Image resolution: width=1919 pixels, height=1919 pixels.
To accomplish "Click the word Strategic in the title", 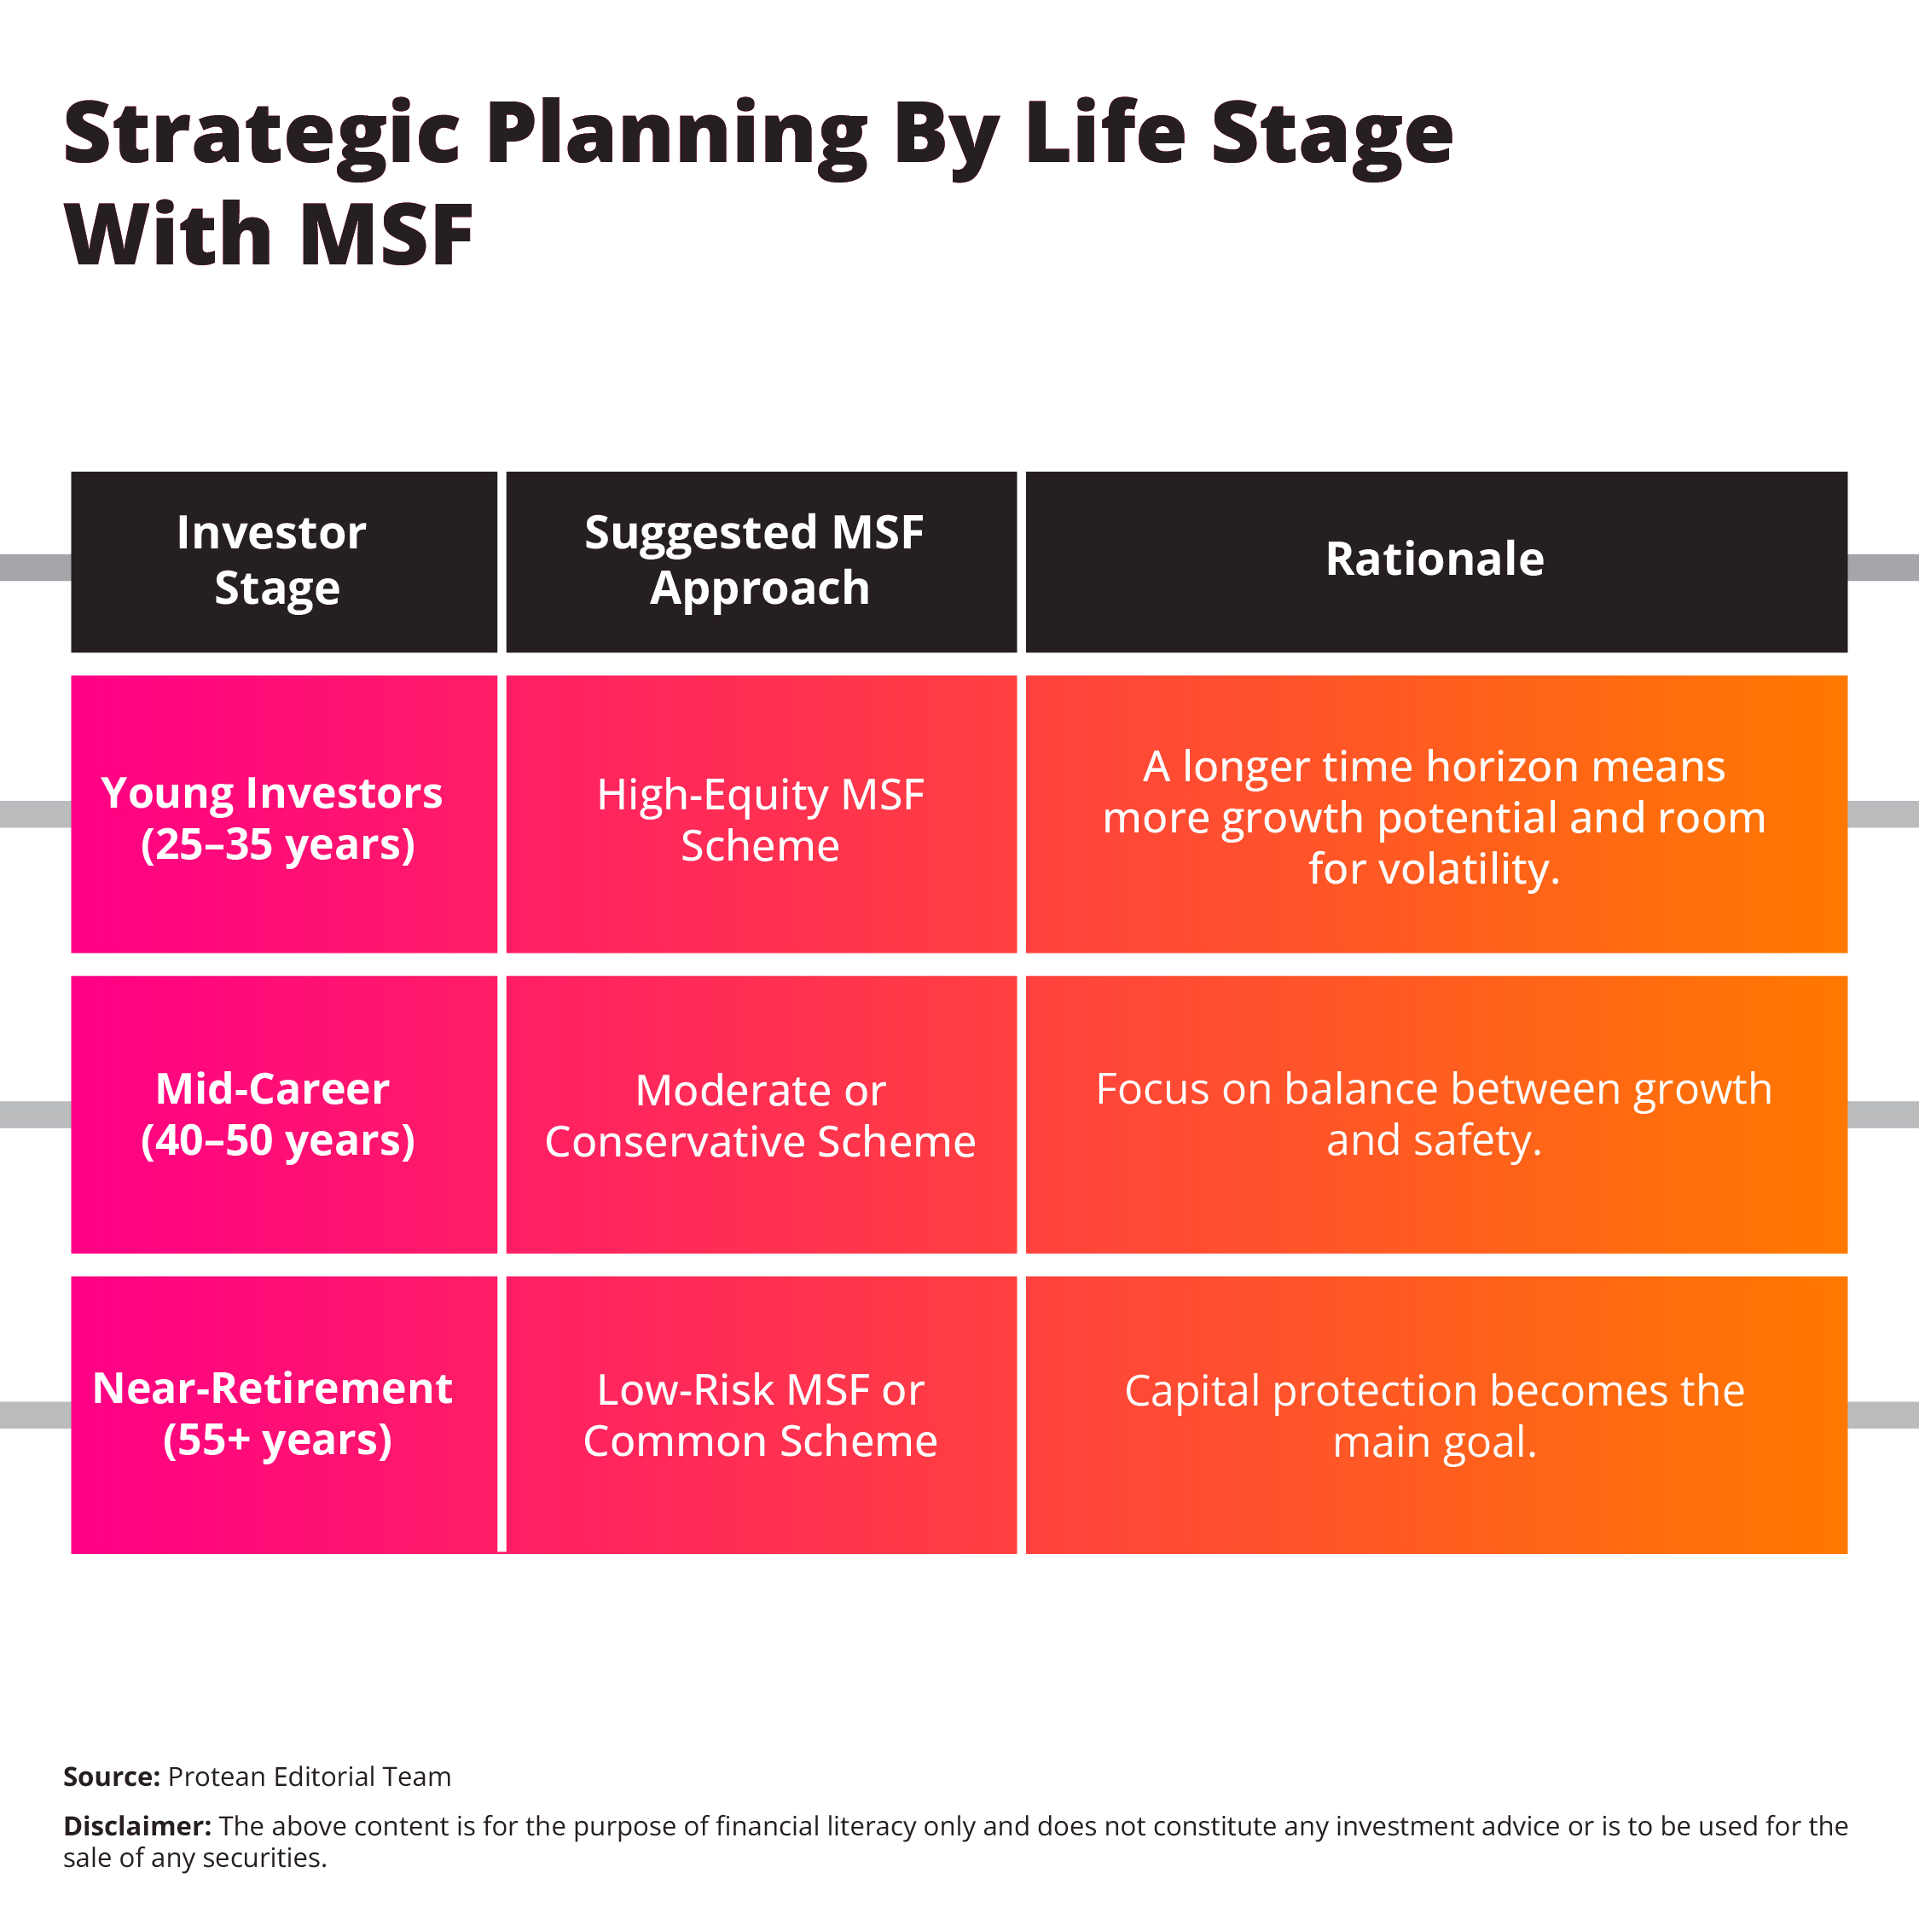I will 260,135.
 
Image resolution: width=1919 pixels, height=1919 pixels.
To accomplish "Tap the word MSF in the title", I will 386,235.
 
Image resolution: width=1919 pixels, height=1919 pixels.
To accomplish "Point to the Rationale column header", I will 1435,559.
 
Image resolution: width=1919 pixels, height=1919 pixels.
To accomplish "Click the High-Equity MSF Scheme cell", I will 760,820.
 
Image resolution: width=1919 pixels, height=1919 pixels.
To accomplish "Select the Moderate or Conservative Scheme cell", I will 760,1116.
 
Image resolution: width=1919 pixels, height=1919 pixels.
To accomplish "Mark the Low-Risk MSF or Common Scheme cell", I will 760,1416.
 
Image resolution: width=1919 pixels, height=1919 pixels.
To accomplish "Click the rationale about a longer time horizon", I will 1435,817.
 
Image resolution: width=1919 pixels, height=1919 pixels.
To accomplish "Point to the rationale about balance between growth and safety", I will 1435,1115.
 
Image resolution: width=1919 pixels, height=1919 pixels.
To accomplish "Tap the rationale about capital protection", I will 1435,1417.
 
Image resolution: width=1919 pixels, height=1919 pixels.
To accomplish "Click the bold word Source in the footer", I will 110,1777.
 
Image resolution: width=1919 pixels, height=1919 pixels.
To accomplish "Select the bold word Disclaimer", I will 136,1827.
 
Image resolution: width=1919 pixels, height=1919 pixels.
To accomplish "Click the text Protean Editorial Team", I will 309,1777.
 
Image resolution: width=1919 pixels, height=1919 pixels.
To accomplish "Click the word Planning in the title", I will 676,135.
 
